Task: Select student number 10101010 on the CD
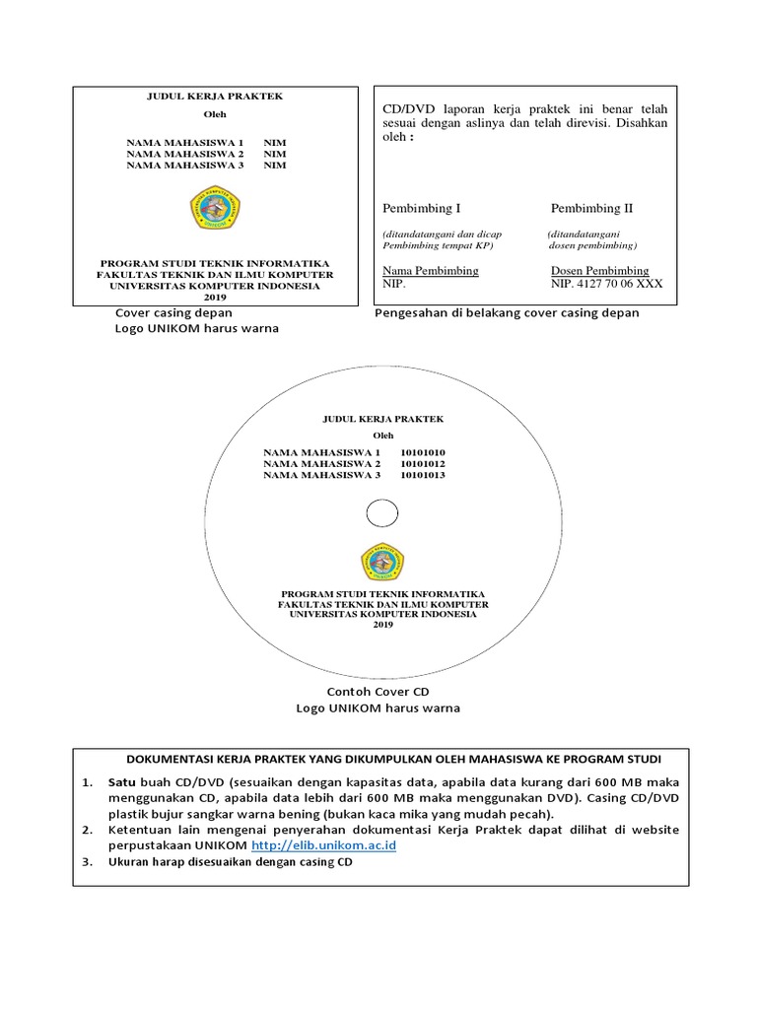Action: click(x=423, y=451)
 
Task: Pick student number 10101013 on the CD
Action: click(x=423, y=475)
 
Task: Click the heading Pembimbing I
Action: click(x=421, y=209)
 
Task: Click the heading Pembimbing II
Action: click(x=591, y=209)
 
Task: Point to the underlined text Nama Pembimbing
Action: click(x=430, y=270)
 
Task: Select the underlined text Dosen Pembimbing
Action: click(x=599, y=270)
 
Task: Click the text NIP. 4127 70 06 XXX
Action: click(x=606, y=284)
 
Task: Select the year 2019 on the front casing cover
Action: click(x=215, y=297)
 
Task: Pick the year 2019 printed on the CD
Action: click(x=381, y=625)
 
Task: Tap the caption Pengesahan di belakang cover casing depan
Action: click(x=507, y=312)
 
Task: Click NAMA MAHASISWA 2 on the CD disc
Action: click(x=321, y=463)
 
